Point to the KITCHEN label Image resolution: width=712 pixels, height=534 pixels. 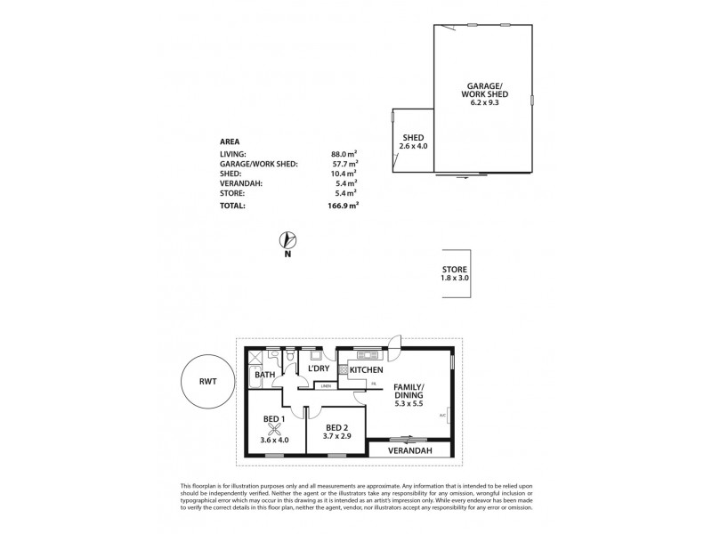point(366,369)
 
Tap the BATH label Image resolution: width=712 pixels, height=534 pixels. point(264,376)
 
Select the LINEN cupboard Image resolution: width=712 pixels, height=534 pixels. point(327,386)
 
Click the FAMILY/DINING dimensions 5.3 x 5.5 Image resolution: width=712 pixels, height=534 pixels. point(409,405)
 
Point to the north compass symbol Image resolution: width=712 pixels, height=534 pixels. point(287,239)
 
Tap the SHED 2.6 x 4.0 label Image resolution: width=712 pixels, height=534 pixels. point(412,143)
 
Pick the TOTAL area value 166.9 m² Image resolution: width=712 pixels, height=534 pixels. point(342,205)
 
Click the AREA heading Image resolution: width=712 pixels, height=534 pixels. point(230,141)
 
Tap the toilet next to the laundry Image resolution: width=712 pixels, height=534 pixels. point(289,356)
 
